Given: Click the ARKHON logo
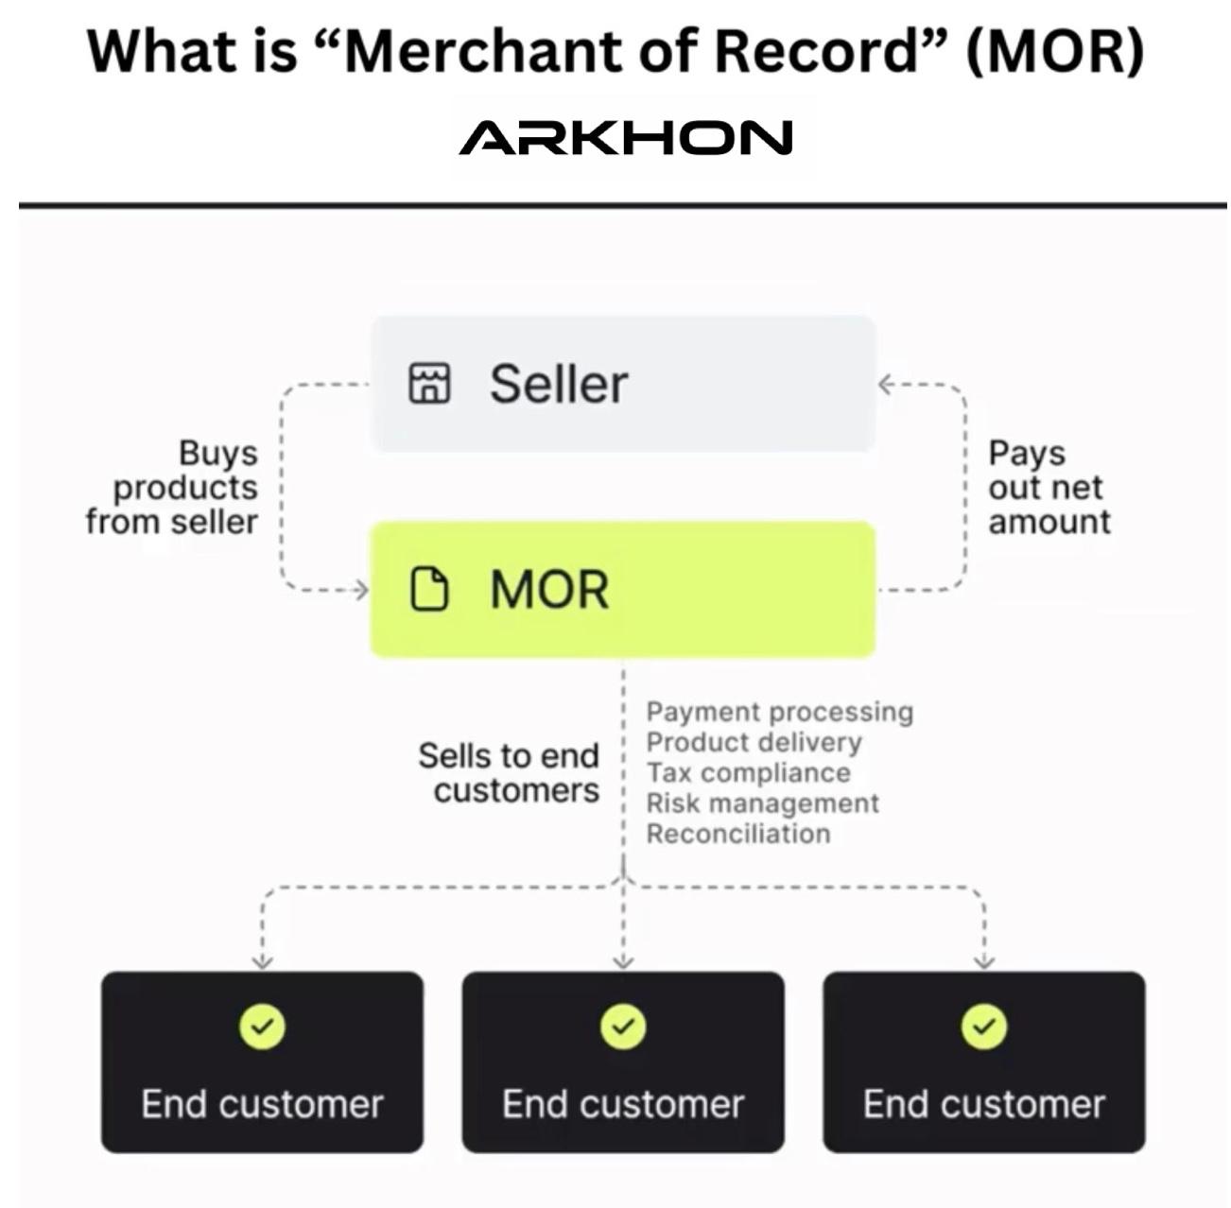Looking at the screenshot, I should tap(625, 138).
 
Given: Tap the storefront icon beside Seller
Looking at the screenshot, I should tap(429, 383).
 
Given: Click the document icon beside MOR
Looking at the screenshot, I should tap(429, 589).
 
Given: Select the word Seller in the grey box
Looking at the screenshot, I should tap(558, 384).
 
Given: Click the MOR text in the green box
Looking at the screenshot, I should tap(549, 590).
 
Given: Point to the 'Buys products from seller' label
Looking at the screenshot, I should tap(173, 487).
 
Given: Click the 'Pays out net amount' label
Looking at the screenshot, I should tap(1049, 487).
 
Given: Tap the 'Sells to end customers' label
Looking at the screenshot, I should tap(509, 772).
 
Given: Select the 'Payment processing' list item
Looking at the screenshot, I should tap(779, 712).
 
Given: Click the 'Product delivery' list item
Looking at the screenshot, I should tap(754, 742).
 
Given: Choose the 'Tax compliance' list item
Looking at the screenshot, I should tap(748, 772).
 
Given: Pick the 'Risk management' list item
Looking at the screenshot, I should tap(762, 802).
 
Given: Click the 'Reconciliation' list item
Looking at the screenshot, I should tap(737, 834).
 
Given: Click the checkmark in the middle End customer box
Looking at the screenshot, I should tap(623, 1027).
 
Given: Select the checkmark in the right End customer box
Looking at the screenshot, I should tap(984, 1027).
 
